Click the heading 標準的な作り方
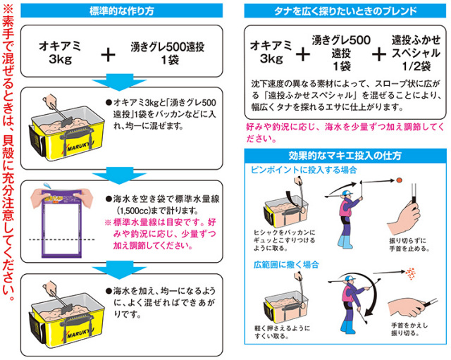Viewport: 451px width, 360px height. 125,11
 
